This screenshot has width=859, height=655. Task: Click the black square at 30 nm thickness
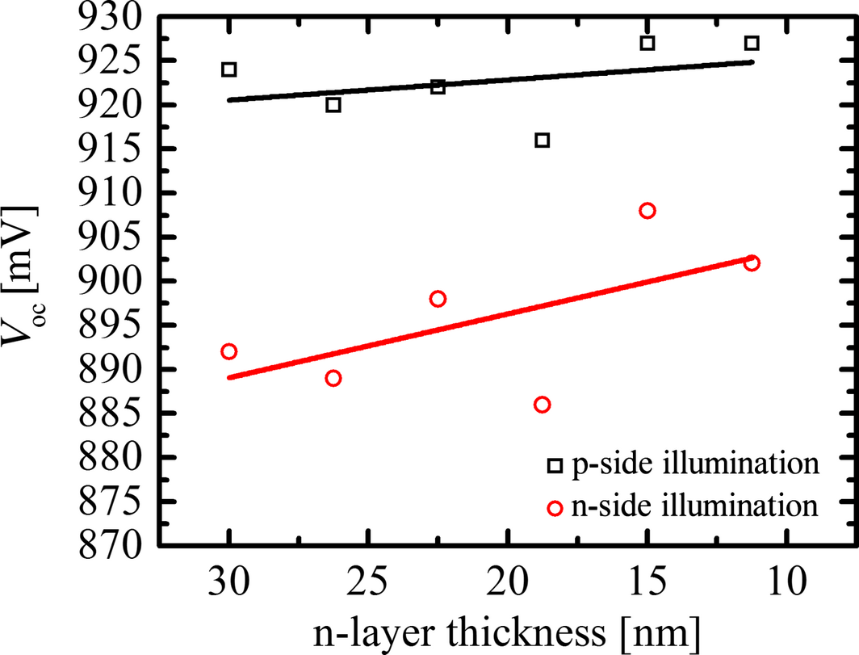(x=229, y=69)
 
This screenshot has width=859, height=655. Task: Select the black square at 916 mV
(x=543, y=141)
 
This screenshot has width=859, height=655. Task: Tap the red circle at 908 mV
(x=647, y=211)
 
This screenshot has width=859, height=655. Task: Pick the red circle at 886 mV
(x=543, y=405)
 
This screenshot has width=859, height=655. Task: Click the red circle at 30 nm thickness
(x=229, y=351)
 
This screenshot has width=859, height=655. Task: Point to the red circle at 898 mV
(x=438, y=299)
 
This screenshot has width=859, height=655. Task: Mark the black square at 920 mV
(x=333, y=105)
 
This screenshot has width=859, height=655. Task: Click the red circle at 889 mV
(x=333, y=378)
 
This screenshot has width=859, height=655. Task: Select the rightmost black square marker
(x=752, y=43)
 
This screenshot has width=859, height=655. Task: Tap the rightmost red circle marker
(x=752, y=263)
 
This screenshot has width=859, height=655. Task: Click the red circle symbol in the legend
(x=554, y=508)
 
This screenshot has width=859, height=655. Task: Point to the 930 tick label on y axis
(x=114, y=18)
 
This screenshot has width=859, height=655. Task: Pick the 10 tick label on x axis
(x=785, y=583)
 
